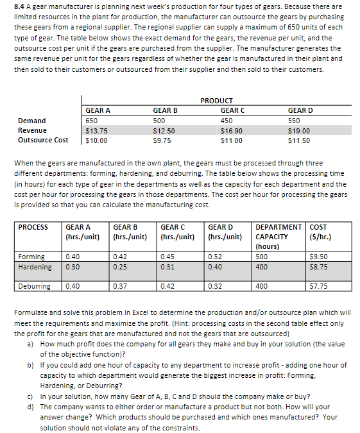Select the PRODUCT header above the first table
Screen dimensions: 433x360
pyautogui.click(x=216, y=101)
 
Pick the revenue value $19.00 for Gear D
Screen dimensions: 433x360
pyautogui.click(x=299, y=130)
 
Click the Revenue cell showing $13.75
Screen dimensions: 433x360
pyautogui.click(x=96, y=130)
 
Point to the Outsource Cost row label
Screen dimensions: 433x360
pyautogui.click(x=43, y=140)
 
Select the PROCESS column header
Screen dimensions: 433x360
pyautogui.click(x=33, y=226)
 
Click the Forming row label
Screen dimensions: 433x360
pyautogui.click(x=31, y=257)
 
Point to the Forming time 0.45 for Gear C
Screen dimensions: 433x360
pyautogui.click(x=167, y=257)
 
